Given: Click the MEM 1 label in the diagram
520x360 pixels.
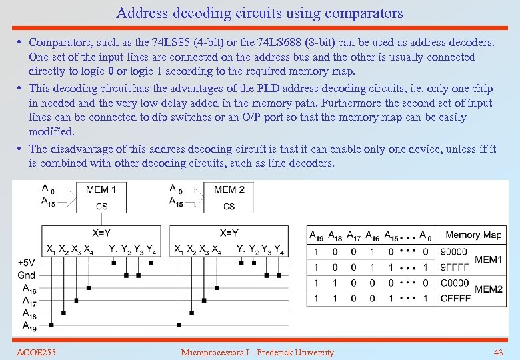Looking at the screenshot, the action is pos(101,190).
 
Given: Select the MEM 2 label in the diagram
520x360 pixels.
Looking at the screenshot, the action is pos(229,190).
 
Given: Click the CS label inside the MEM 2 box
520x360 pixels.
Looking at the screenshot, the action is pos(229,206).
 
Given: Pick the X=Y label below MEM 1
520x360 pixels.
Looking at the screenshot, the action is pos(101,233).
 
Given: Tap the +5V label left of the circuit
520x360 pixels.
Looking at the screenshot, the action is pos(27,263).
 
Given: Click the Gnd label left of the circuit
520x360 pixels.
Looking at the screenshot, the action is pos(27,275).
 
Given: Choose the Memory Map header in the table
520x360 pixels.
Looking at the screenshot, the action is pos(473,235).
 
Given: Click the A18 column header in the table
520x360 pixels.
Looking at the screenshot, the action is pos(335,235).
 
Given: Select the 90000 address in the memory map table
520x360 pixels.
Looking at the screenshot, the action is pos(453,252).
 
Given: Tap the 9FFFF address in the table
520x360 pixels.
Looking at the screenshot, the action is pos(453,267).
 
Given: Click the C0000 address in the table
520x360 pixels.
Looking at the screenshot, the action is pos(454,283).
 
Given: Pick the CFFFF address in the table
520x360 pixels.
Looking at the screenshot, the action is pos(454,298).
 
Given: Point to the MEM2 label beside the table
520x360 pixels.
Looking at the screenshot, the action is pos(488,290).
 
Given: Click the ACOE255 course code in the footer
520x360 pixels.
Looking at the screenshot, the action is pos(36,352).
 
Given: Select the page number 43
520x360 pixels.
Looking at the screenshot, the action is pos(497,352).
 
